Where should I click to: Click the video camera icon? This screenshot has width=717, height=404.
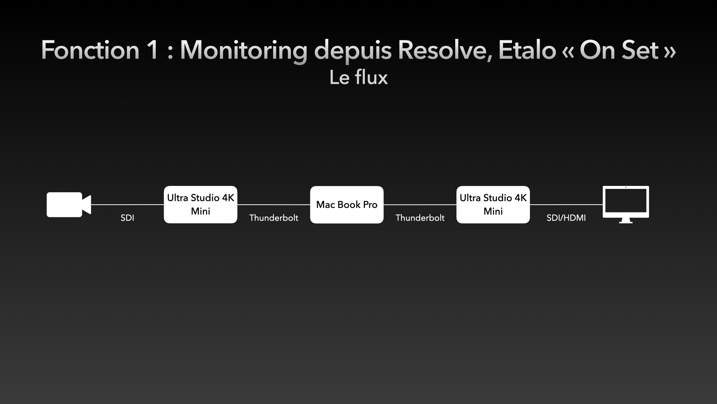69,205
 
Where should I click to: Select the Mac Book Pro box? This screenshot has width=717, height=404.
347,205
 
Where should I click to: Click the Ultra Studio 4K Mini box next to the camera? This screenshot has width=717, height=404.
201,205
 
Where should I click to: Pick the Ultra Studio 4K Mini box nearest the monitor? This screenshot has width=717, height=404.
493,205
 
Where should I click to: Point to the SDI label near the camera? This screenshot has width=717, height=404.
127,218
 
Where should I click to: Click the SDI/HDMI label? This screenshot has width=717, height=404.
566,218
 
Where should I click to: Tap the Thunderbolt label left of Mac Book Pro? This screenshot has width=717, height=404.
274,218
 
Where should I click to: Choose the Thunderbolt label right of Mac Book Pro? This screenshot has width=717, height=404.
420,218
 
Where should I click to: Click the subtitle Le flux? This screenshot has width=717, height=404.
358,77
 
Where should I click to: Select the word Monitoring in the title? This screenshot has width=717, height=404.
244,50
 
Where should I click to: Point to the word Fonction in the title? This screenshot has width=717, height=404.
90,50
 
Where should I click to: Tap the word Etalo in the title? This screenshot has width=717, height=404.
527,50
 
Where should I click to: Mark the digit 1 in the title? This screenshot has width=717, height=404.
153,50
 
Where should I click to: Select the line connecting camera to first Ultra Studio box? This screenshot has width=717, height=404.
128,205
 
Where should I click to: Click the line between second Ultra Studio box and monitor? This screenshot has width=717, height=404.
566,205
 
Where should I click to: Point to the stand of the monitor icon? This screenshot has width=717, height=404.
626,221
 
